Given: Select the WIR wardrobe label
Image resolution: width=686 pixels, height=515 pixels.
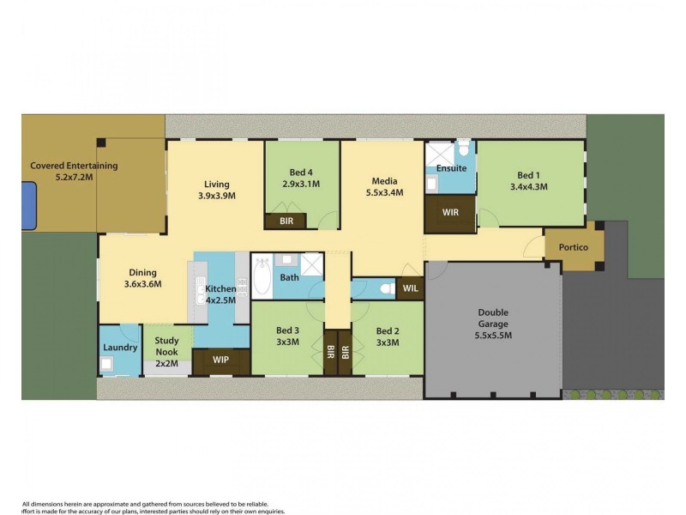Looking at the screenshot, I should [449, 210].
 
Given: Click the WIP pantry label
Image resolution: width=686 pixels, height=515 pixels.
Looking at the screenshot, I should [220, 360].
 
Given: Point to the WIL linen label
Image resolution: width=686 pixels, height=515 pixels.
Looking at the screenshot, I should [411, 288].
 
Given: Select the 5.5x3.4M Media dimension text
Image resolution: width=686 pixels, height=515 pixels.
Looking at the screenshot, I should [383, 195].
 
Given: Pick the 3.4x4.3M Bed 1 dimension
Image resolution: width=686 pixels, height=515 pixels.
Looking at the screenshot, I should [528, 186].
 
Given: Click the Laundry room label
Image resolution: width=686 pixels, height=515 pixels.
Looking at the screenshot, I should [120, 348].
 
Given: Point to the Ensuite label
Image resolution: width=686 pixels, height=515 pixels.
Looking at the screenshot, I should [451, 169].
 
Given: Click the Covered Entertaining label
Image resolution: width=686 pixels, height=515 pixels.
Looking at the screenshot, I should [74, 166].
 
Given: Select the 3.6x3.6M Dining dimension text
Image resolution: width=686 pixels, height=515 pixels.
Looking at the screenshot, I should [143, 284].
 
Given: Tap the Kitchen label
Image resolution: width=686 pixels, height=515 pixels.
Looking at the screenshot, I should [220, 289].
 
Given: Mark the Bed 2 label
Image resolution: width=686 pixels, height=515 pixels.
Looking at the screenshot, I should [387, 331].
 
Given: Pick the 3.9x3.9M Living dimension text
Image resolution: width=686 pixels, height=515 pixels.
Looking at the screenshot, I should [216, 196].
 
